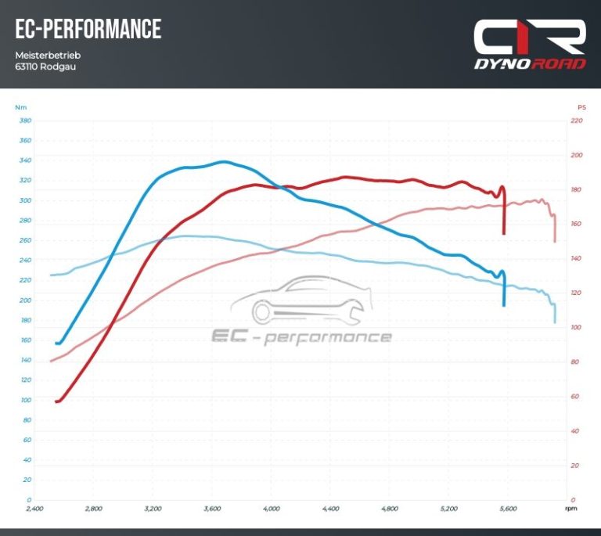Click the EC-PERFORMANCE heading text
click(88, 30)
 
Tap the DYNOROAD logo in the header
click(529, 45)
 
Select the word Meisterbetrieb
click(48, 56)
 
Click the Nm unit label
click(20, 107)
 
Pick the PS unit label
click(581, 107)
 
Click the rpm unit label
click(571, 509)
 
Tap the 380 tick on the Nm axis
click(25, 121)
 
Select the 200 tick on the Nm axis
click(25, 300)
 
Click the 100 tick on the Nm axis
click(25, 400)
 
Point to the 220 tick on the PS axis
click(577, 121)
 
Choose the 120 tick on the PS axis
click(577, 293)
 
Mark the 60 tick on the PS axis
click(577, 396)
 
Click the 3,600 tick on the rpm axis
click(212, 509)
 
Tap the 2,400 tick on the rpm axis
click(34, 509)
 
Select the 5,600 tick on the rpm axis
click(507, 509)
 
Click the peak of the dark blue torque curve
click(224, 162)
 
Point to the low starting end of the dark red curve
click(57, 401)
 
